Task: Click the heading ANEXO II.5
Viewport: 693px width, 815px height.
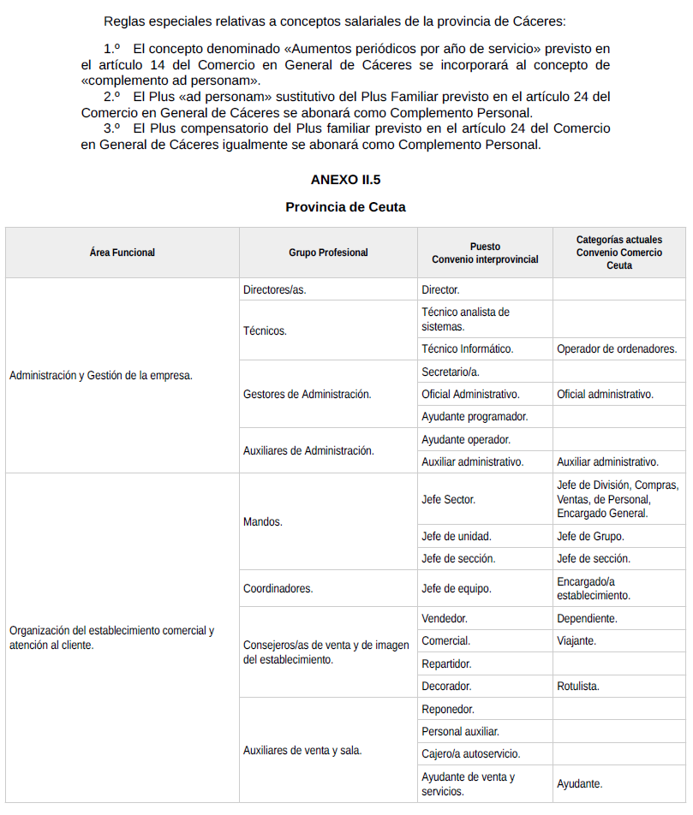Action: point(345,180)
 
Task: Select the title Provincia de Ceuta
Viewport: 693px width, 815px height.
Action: point(345,207)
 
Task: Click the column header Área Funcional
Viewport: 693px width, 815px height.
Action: point(122,253)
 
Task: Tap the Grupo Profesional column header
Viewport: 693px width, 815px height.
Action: point(328,253)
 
